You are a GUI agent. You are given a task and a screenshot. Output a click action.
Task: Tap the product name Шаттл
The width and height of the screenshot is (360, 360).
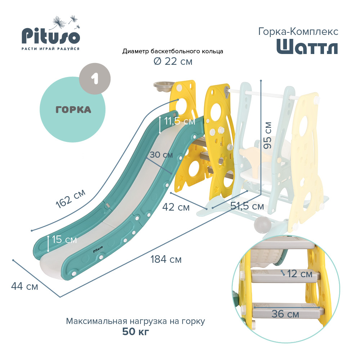pos(307,46)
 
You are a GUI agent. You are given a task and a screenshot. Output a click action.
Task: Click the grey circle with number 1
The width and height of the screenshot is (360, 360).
pos(95,79)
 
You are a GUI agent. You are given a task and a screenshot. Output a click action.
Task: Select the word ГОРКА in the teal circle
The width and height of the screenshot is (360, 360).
pos(73,110)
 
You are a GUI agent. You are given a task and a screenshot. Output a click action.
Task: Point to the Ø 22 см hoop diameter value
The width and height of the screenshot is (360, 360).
pos(173,61)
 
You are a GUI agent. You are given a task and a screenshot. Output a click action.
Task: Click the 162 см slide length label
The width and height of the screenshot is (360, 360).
pos(71,199)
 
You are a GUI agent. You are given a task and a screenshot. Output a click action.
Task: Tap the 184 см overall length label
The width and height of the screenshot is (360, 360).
pos(166,260)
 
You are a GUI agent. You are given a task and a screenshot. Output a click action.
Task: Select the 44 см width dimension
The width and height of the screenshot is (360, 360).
pos(24,286)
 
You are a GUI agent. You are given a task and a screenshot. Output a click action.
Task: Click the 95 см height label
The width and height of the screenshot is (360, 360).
pos(267,135)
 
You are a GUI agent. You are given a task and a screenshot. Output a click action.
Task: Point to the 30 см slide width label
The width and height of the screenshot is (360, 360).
pos(161,155)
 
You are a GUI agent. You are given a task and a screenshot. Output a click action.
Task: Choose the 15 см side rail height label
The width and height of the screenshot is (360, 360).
pos(64,239)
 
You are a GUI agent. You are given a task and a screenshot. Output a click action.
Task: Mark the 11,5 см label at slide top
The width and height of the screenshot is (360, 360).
pos(180,121)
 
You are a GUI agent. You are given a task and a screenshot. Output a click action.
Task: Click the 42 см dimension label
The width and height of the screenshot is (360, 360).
pos(176,207)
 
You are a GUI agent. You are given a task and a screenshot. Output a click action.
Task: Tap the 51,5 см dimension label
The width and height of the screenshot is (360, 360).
pos(247,206)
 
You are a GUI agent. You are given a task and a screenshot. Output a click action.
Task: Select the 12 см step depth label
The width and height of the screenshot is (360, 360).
pos(300,274)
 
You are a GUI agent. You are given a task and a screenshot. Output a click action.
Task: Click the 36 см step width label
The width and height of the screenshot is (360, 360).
pos(285,314)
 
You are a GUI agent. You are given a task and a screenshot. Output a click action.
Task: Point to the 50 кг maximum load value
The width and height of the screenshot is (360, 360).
pos(135,332)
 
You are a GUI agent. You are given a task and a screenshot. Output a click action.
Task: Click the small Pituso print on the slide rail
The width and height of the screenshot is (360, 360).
pos(98,249)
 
